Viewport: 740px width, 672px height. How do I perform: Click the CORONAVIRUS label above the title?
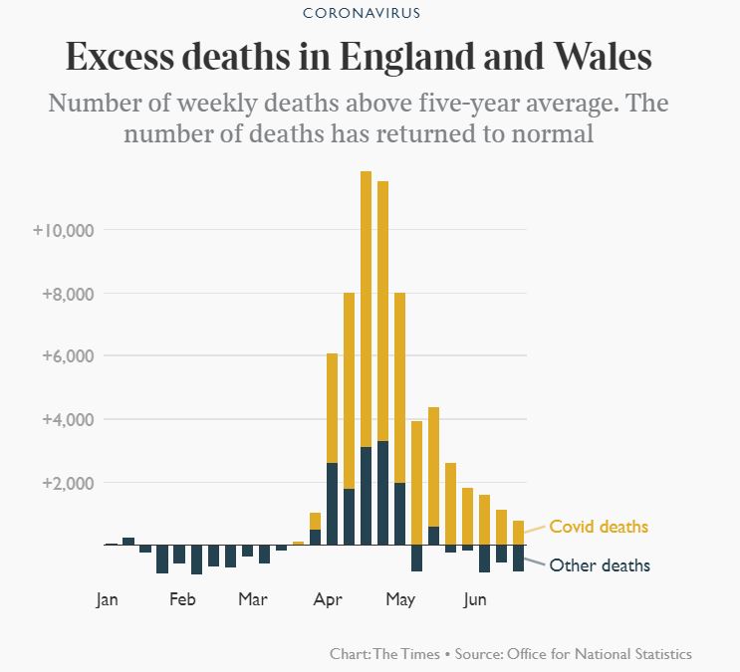click(370, 14)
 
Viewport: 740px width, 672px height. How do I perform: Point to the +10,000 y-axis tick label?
click(64, 230)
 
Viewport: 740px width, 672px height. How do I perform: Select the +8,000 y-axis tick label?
click(67, 294)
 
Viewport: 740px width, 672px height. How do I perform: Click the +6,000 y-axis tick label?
click(67, 356)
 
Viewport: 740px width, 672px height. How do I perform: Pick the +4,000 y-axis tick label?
click(67, 419)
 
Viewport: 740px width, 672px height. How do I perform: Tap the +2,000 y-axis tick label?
click(67, 483)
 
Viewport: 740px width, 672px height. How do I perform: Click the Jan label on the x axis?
click(108, 599)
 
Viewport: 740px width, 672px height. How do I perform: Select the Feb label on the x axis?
click(182, 599)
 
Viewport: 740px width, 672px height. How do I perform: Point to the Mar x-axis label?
click(253, 599)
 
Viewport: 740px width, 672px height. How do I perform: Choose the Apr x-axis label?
click(328, 599)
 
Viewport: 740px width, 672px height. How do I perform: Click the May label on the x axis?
click(400, 599)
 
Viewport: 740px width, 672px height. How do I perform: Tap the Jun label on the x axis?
click(475, 599)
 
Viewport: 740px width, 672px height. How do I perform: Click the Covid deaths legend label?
click(599, 527)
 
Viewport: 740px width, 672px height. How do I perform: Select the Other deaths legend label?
click(600, 565)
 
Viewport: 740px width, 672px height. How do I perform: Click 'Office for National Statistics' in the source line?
click(599, 654)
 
